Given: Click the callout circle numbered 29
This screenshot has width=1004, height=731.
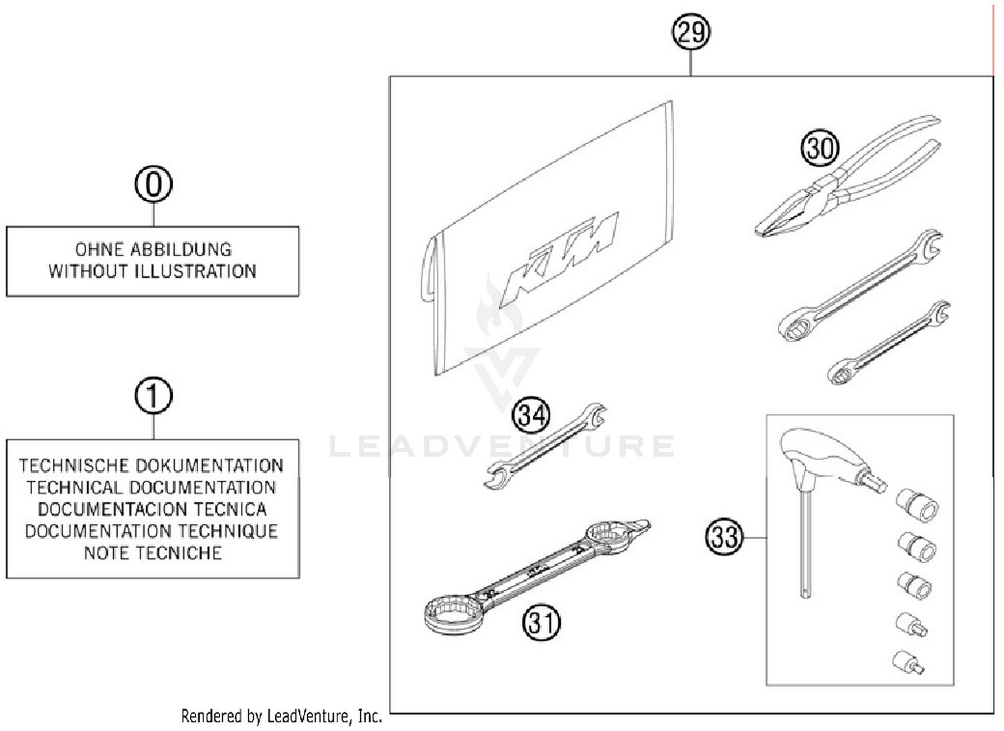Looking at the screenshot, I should pos(691,31).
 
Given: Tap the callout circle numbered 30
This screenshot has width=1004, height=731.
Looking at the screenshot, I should pos(819,148).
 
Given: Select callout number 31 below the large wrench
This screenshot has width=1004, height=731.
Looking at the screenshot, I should pos(541,623).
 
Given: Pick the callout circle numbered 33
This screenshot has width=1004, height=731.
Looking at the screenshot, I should pos(724,537).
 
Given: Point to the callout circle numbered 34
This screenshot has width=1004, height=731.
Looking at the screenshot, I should pos(531,415).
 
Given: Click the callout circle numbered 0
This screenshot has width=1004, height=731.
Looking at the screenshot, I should pos(153,184).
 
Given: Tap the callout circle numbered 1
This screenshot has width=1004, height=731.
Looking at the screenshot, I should pos(153,396).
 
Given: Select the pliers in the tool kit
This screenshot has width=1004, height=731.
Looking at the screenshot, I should pos(847,181).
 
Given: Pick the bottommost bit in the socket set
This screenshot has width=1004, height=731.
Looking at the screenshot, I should pos(909,662).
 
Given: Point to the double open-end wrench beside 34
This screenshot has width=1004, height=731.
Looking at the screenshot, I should pos(543,446).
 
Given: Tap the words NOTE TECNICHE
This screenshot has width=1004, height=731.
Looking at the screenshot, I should pos(153,554).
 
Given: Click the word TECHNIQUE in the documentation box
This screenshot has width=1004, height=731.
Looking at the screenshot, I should pos(228,532).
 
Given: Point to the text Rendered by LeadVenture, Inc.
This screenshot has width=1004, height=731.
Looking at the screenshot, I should pos(281,716).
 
